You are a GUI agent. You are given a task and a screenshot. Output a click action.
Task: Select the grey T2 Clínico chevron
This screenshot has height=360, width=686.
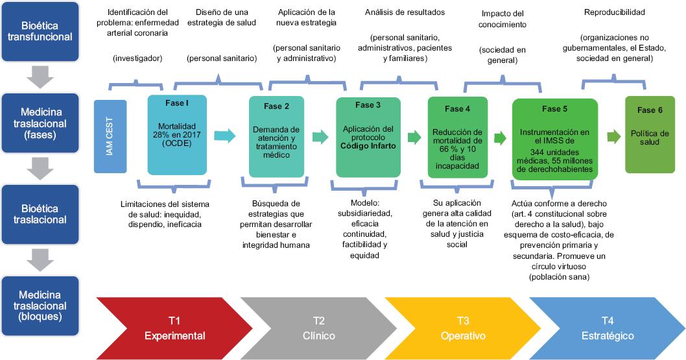point(314,328)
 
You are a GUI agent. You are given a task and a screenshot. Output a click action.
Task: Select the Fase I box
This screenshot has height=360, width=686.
point(177,135)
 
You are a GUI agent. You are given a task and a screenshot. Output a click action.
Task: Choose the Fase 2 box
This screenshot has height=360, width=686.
point(277,136)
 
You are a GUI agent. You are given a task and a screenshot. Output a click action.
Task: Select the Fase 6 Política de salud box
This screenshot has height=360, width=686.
point(650,134)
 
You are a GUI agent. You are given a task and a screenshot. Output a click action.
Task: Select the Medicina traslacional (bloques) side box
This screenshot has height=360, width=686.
point(40,306)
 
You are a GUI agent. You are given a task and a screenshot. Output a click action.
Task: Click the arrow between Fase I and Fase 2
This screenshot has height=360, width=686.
point(224,136)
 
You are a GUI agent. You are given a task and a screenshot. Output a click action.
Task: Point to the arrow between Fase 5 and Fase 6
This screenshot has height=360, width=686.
point(613,136)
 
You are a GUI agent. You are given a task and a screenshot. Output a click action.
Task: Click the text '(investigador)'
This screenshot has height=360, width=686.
point(137,58)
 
